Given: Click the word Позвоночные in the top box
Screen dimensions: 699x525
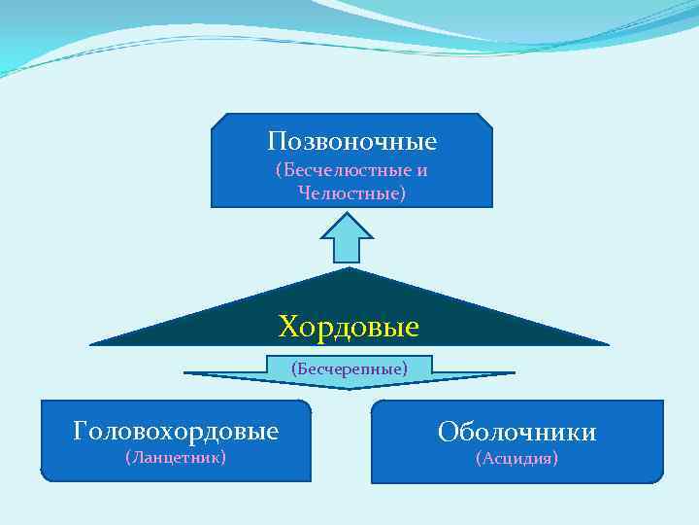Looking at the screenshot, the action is click(x=351, y=142).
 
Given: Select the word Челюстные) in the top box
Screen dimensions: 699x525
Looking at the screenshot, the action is click(x=352, y=193).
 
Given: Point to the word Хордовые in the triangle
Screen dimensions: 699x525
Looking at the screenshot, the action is click(x=349, y=326).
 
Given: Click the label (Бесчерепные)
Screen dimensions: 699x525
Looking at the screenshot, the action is click(x=349, y=367).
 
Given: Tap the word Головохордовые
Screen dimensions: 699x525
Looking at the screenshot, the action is click(x=176, y=430).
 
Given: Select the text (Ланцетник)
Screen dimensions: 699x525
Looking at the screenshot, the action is click(x=176, y=457).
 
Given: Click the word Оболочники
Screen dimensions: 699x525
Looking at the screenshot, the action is click(x=516, y=432).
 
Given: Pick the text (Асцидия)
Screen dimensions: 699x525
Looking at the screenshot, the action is click(x=516, y=458).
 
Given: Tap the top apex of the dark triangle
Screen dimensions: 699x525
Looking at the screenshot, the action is click(x=349, y=269).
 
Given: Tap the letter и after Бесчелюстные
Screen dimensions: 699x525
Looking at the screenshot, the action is click(x=422, y=170).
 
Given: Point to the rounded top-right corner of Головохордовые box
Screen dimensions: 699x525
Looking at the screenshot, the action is click(x=306, y=404).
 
